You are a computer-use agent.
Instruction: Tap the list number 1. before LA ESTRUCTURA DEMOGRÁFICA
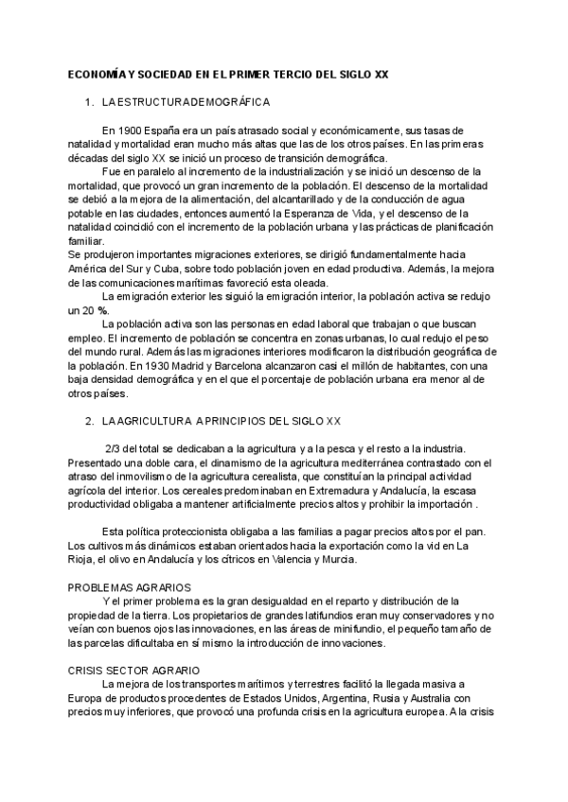pyautogui.click(x=90, y=101)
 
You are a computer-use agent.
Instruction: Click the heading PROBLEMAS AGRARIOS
pyautogui.click(x=129, y=587)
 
